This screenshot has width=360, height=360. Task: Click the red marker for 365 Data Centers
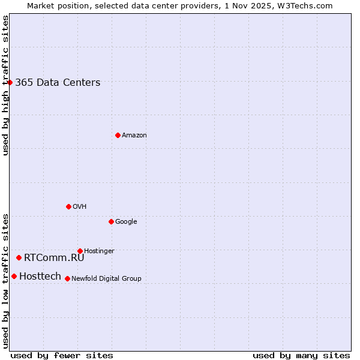(10, 82)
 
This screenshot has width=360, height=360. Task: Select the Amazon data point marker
(118, 135)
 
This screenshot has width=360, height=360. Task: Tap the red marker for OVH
(68, 206)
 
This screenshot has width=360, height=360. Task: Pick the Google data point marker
(111, 221)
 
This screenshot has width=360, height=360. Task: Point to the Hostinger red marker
(80, 251)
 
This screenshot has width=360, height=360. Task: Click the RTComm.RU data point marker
(19, 257)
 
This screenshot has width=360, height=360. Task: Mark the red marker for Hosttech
(14, 276)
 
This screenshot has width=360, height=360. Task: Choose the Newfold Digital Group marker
(67, 278)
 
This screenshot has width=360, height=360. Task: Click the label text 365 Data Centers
(58, 83)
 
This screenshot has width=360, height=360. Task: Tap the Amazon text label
(134, 136)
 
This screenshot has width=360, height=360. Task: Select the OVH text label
(80, 207)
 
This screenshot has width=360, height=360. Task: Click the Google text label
(126, 222)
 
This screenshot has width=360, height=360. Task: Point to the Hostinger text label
(99, 251)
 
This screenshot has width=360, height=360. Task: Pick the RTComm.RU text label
(54, 258)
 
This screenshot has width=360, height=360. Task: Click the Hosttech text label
(40, 277)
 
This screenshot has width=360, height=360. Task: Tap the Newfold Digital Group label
(106, 279)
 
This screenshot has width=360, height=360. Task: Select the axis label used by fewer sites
(62, 355)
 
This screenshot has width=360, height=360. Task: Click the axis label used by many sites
(301, 355)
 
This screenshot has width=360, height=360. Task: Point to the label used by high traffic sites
(5, 85)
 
